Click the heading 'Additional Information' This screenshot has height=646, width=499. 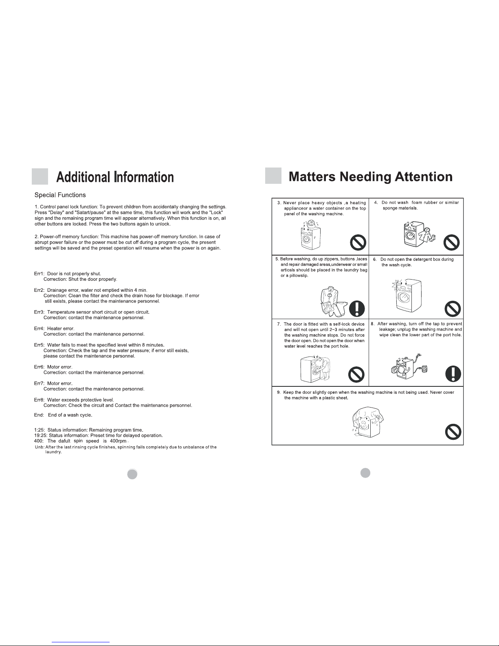(x=115, y=177)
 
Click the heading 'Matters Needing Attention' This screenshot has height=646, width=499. (x=370, y=176)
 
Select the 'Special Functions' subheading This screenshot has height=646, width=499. (x=60, y=195)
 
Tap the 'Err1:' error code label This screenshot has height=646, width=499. (x=40, y=273)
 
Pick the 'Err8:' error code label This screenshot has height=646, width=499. (x=40, y=400)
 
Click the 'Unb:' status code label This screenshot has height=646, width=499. (x=40, y=447)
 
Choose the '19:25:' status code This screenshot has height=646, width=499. (x=40, y=435)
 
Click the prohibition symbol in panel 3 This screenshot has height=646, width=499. (x=358, y=243)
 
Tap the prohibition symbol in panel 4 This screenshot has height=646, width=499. (x=451, y=243)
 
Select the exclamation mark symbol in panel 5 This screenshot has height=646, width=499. (x=358, y=309)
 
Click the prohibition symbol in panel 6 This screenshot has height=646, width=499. (x=453, y=309)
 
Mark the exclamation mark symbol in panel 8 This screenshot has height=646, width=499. (x=453, y=373)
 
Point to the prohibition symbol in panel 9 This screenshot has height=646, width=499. (x=453, y=432)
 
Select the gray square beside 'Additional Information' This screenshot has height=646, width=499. (x=40, y=176)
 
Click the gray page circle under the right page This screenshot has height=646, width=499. (x=365, y=472)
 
